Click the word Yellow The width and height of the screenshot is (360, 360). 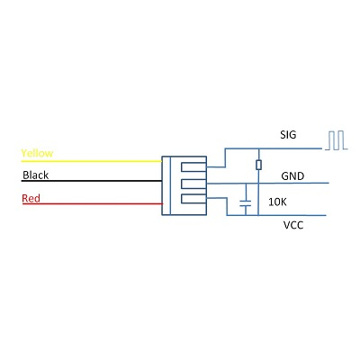(37, 153)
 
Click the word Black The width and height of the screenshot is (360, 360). (36, 175)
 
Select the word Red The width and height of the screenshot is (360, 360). (31, 198)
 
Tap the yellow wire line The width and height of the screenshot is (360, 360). (92, 161)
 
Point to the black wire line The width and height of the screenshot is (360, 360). (92, 181)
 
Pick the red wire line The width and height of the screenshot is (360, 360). (93, 204)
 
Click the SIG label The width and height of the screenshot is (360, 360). (288, 135)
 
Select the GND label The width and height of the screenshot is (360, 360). (292, 175)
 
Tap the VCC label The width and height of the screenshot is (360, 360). (293, 225)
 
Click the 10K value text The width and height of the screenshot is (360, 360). (277, 202)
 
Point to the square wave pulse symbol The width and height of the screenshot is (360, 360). (336, 140)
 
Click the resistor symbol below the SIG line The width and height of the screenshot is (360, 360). (258, 165)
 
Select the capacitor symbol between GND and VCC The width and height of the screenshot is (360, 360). (246, 203)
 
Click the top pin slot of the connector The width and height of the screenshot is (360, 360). (193, 166)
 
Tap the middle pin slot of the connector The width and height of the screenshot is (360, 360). (193, 184)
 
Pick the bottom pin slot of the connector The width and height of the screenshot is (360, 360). (193, 199)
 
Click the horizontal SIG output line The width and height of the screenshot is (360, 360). (273, 148)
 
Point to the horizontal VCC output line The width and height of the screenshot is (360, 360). (276, 215)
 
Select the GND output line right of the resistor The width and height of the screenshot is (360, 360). (293, 183)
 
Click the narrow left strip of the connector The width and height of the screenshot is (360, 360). (166, 185)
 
